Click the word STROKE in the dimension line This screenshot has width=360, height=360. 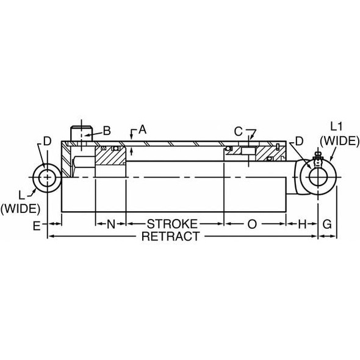[173, 224]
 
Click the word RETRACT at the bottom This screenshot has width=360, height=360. [171, 237]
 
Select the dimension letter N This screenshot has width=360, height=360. [110, 224]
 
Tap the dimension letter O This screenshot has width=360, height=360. [251, 224]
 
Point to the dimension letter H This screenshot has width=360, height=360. [301, 224]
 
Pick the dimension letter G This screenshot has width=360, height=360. [327, 224]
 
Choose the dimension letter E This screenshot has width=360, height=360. [37, 226]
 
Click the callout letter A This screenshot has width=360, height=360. [143, 129]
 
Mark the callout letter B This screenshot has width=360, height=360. [106, 130]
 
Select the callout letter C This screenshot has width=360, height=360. [239, 131]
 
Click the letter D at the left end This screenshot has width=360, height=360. [47, 141]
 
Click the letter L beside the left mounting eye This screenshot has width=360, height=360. [21, 194]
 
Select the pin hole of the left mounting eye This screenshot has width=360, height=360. [48, 177]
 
